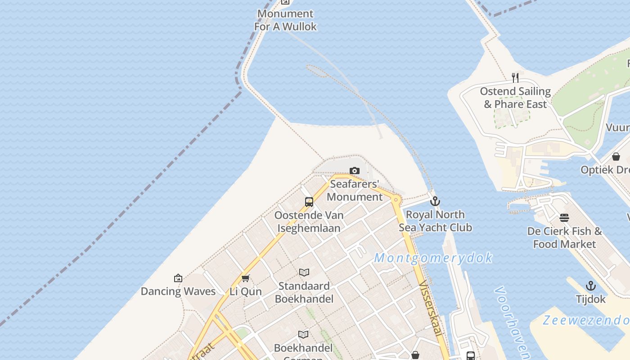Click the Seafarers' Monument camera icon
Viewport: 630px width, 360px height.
[x=355, y=171]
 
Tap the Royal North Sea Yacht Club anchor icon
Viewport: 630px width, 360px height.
[x=435, y=201]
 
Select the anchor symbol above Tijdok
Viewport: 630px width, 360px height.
[x=590, y=286]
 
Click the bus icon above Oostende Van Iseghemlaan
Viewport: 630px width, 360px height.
[x=309, y=202]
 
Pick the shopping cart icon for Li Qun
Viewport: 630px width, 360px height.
[x=245, y=278]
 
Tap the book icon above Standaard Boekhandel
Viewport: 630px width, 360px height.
[x=304, y=272]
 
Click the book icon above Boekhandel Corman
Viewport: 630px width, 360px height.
[x=304, y=334]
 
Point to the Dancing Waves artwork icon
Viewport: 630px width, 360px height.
[x=178, y=278]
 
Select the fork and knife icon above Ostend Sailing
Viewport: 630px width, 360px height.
[x=515, y=78]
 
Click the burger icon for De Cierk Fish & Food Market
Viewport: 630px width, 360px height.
[x=564, y=218]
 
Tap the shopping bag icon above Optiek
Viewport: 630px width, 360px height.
[x=616, y=157]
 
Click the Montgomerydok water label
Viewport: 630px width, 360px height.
[x=433, y=258]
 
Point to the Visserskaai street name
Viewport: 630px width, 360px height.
[x=430, y=308]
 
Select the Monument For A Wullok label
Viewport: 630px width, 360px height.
[x=285, y=20]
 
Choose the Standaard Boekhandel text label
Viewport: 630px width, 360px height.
[x=304, y=292]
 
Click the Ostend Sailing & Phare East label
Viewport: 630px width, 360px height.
[x=515, y=98]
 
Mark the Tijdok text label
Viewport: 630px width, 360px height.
[x=590, y=299]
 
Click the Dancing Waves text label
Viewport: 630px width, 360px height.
[x=178, y=291]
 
